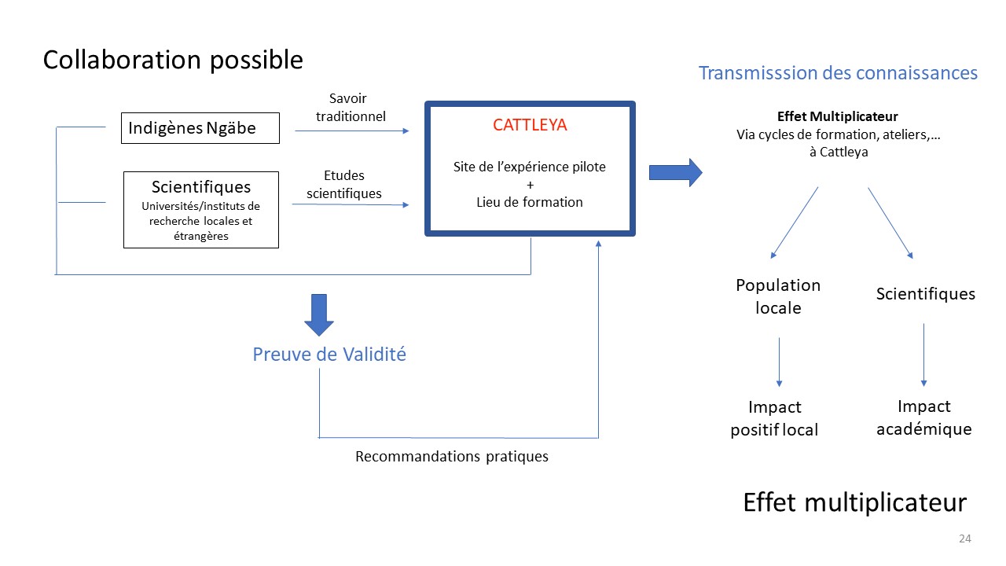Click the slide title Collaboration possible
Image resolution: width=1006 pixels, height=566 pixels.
173,61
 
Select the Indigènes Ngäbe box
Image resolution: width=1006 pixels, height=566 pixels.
200,128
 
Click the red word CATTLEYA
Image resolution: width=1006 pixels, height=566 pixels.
530,125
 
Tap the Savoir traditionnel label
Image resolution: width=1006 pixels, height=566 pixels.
351,108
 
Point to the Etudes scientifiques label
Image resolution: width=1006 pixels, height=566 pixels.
344,184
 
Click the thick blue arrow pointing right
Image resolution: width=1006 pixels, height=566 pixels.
675,172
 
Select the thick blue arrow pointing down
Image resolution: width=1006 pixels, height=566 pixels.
319,315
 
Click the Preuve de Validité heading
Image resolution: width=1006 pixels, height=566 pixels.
329,355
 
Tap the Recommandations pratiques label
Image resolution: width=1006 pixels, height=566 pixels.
452,457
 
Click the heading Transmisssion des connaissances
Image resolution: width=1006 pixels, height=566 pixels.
838,73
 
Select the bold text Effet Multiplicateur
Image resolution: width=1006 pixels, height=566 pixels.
838,116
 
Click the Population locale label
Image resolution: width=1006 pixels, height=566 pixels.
778,296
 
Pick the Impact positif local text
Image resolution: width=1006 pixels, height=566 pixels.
774,418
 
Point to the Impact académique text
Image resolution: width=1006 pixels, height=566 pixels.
924,417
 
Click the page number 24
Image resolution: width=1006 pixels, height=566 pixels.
965,538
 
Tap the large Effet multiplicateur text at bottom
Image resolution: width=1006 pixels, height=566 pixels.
854,502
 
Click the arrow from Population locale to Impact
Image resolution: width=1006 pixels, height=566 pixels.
779,362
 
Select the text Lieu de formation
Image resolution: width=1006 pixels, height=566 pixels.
530,202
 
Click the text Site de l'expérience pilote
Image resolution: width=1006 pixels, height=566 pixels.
530,167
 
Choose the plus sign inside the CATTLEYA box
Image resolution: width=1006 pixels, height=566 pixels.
531,185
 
